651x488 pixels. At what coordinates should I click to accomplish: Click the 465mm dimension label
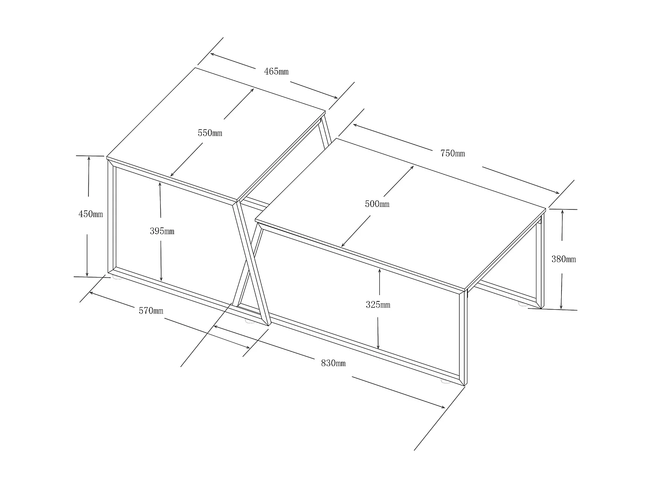coord(276,72)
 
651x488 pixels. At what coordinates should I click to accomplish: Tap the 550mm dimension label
coord(210,133)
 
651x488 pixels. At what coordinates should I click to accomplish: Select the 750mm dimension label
coord(453,153)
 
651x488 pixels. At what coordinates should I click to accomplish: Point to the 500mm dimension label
coord(377,204)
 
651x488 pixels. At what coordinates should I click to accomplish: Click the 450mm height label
coord(90,214)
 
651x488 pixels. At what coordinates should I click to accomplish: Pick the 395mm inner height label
coord(162,231)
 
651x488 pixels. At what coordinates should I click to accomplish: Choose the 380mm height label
coord(563,259)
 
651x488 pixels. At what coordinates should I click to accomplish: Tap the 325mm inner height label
coord(378,305)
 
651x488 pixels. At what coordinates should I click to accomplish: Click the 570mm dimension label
coord(151,311)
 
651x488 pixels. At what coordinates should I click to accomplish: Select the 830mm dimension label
coord(333,363)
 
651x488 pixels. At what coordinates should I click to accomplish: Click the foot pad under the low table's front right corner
coord(446,381)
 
